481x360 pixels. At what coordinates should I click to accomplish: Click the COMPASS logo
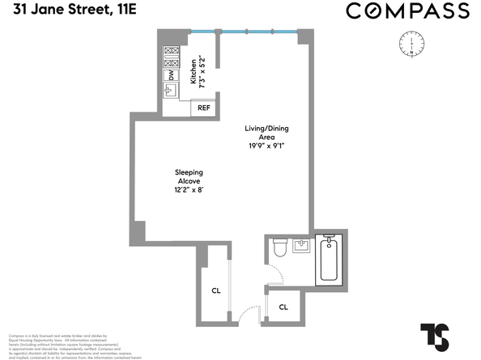tap(407, 11)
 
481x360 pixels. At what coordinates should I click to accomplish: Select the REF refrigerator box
tap(203, 108)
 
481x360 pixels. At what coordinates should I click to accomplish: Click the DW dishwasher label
tap(172, 74)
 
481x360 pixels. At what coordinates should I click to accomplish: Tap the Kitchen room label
tap(194, 71)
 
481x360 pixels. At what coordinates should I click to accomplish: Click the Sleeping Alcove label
tap(189, 176)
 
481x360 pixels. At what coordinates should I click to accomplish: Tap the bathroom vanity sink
tap(301, 244)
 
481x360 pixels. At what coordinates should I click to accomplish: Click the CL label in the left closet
tap(216, 290)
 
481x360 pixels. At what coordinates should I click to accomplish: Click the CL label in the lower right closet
tap(284, 307)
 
